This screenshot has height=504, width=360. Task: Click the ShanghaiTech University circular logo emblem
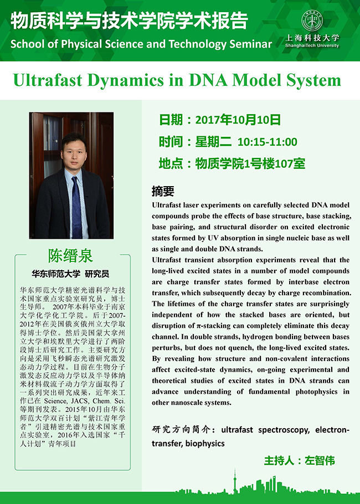click(311, 21)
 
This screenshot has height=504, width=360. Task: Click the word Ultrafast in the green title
click(48, 80)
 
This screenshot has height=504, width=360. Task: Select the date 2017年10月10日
click(238, 120)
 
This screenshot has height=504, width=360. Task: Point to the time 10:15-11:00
click(268, 142)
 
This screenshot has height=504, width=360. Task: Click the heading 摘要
click(163, 191)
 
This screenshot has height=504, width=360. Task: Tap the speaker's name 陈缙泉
click(70, 256)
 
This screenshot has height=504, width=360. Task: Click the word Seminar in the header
click(251, 44)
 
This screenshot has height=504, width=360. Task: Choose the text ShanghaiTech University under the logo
click(312, 45)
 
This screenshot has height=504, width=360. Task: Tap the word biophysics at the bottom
click(205, 444)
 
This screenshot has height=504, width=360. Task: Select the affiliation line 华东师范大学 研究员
click(70, 274)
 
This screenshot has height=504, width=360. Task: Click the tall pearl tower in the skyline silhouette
click(235, 481)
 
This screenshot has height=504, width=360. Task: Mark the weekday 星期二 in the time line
click(213, 142)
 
